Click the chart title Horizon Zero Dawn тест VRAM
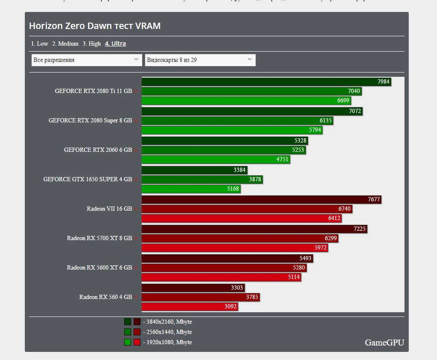95,26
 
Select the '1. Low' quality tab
40,44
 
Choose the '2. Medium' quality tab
65,44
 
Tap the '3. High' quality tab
91,44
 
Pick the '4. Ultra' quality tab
115,44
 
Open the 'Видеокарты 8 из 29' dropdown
200,60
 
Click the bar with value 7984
266,81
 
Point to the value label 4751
283,159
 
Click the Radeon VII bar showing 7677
261,199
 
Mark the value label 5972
320,248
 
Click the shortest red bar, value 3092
189,307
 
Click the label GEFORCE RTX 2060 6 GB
98,150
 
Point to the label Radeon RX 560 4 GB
105,297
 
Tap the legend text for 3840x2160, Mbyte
167,322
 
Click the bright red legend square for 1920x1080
137,342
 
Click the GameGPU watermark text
384,342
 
